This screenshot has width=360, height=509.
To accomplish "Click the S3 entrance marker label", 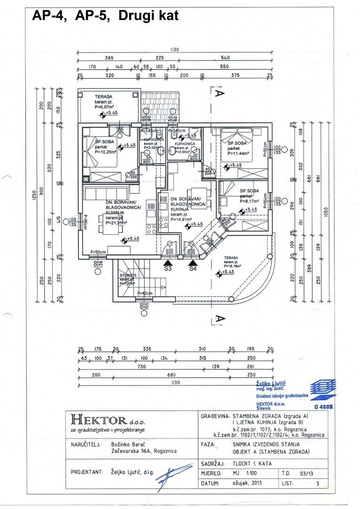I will [168, 269].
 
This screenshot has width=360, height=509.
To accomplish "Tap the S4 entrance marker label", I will [193, 269].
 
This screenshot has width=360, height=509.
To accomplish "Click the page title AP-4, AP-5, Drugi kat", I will [105, 16].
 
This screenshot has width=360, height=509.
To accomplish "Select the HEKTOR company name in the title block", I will [98, 419].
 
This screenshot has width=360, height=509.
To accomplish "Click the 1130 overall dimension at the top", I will [174, 50].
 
